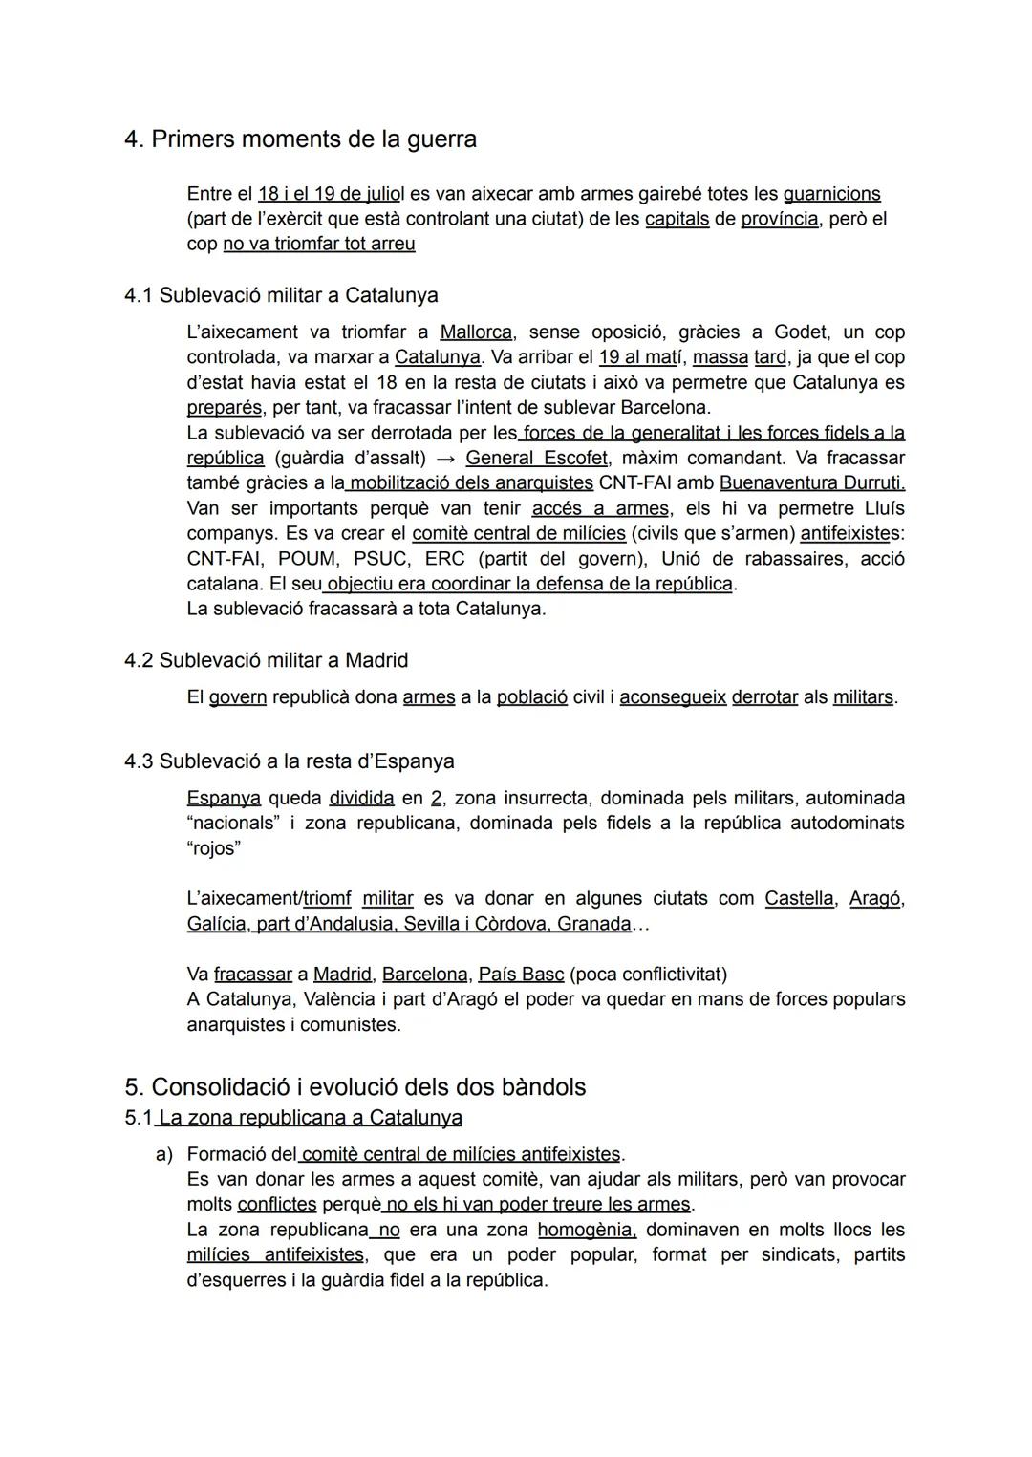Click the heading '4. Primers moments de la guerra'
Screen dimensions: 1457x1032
300,139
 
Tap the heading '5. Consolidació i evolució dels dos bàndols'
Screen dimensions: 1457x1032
355,1087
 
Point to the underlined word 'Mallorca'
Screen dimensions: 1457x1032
476,332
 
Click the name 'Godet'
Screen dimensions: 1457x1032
800,332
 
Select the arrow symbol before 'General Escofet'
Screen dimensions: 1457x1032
445,458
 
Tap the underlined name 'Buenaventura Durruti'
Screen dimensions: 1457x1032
811,482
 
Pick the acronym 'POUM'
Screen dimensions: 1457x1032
308,558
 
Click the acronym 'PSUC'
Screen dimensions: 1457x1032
379,558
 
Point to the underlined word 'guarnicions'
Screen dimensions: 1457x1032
831,194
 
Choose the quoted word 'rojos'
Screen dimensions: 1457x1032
213,848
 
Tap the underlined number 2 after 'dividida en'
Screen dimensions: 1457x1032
437,798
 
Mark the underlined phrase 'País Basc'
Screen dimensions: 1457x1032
521,975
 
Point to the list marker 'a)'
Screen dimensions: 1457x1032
164,1154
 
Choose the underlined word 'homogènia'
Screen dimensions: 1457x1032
587,1230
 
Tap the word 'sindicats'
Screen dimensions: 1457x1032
802,1254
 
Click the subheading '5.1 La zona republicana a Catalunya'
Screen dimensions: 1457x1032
293,1118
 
